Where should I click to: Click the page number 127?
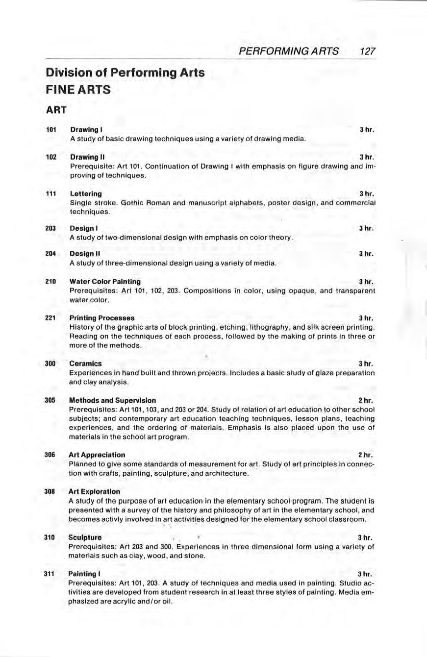[367, 51]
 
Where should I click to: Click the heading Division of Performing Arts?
[125, 73]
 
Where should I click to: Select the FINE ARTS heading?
[78, 90]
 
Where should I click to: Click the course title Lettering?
[86, 194]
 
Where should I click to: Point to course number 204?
[51, 254]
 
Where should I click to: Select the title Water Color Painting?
[105, 282]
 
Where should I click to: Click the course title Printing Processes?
[102, 318]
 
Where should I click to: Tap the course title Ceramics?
[86, 364]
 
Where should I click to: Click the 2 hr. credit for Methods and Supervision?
[366, 400]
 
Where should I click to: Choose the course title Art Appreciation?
[98, 455]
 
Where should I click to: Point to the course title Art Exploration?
[95, 491]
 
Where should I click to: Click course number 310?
[51, 537]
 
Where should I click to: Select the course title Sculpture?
[86, 537]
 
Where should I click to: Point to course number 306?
[51, 455]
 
